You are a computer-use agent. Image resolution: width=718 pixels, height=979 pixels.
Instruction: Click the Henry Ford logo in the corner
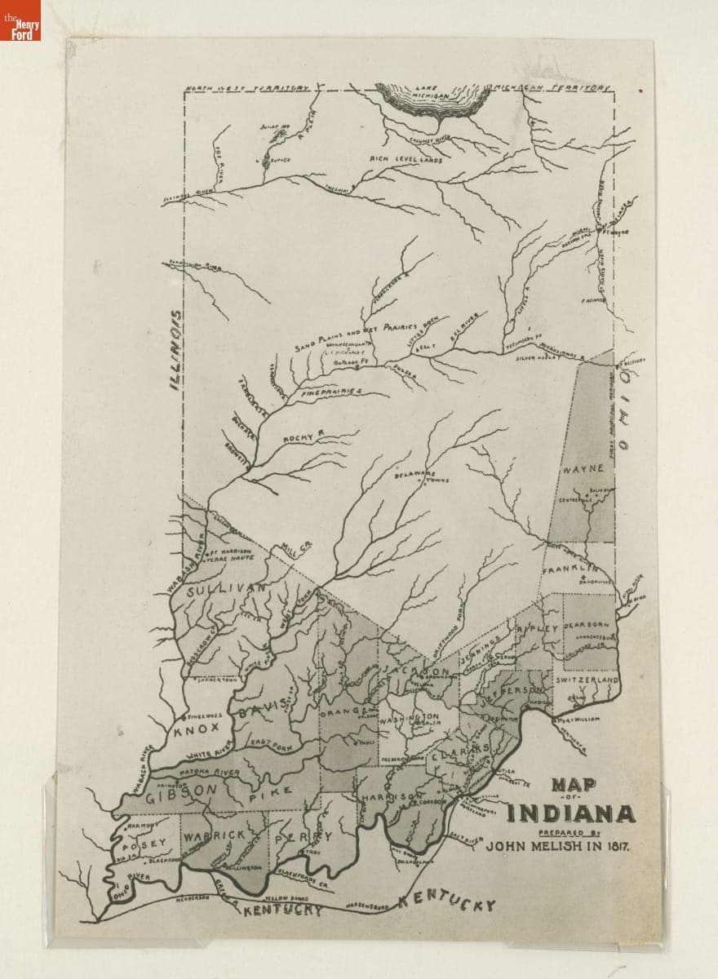(20, 20)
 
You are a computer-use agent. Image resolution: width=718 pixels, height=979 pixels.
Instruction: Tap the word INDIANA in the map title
(570, 813)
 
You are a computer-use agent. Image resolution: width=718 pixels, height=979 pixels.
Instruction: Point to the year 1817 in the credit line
(618, 846)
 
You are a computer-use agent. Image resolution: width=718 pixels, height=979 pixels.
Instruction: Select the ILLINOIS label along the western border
(175, 348)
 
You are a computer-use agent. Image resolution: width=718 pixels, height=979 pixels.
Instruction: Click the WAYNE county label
(582, 469)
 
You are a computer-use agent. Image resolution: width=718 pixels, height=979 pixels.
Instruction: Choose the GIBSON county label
(182, 791)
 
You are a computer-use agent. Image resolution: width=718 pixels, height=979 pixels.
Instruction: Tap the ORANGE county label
(342, 712)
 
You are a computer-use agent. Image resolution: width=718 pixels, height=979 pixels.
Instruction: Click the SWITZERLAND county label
(587, 680)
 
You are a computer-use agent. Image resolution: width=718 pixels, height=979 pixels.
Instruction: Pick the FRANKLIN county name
(579, 568)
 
